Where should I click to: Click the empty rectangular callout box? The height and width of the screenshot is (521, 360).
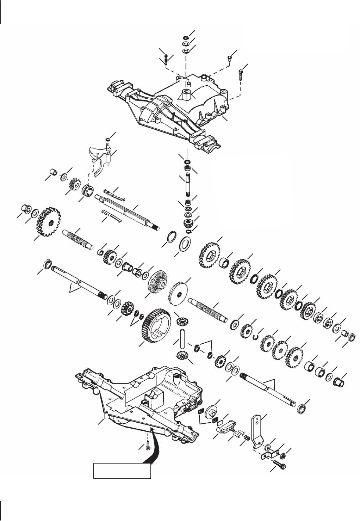[122, 471]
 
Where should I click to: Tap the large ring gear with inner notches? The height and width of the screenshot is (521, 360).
[157, 327]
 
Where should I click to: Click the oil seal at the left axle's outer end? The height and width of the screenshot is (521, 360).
[47, 264]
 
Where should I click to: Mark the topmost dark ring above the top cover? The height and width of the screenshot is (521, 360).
[186, 38]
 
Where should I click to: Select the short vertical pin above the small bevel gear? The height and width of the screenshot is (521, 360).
[182, 337]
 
